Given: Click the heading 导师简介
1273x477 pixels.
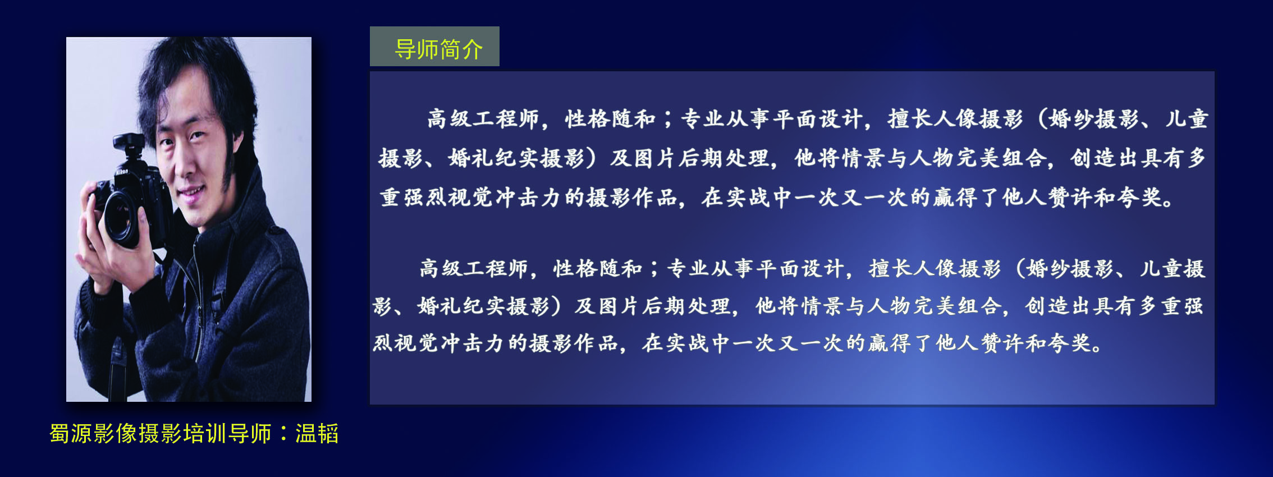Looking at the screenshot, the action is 438,49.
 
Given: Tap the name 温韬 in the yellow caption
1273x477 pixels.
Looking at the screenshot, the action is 317,434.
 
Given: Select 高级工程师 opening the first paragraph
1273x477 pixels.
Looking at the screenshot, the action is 483,119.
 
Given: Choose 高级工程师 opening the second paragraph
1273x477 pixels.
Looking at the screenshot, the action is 474,268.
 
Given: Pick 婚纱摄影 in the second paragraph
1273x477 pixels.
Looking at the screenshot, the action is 1070,268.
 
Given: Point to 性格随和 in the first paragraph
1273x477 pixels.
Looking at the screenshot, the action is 610,119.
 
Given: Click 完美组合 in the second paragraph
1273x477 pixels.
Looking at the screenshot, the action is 958,306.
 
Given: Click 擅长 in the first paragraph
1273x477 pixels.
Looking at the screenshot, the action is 910,119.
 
